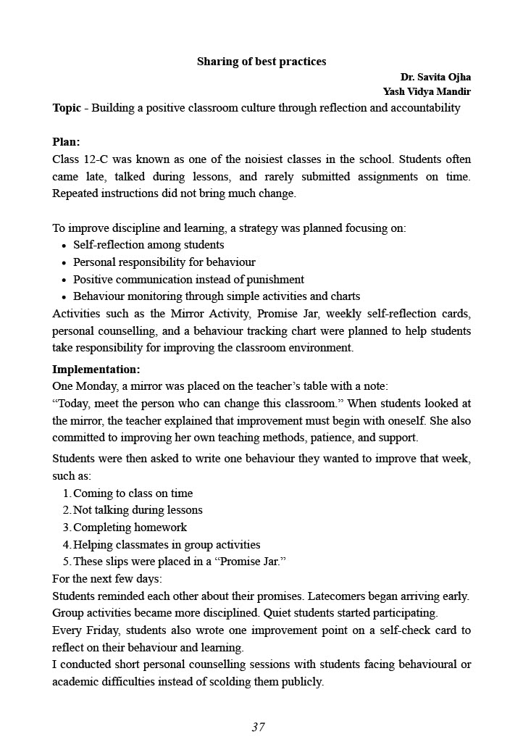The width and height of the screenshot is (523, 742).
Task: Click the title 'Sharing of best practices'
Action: (261, 62)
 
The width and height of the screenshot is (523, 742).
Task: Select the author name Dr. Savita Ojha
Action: (435, 77)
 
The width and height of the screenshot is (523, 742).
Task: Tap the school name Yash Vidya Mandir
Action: (427, 92)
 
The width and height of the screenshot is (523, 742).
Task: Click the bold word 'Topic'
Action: (67, 108)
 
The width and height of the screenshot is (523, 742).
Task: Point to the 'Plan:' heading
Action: (66, 142)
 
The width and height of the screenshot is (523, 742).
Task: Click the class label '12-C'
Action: (94, 159)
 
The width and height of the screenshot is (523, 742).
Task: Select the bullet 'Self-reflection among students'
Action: (148, 245)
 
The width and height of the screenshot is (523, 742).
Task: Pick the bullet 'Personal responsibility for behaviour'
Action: (164, 262)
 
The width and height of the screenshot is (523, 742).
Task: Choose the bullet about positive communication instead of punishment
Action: (188, 280)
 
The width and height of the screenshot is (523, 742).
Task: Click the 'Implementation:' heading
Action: (96, 370)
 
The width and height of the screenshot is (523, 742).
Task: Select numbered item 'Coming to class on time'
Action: (133, 493)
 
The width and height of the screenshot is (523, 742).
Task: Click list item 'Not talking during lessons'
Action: (138, 510)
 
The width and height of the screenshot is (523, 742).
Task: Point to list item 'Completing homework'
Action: (130, 528)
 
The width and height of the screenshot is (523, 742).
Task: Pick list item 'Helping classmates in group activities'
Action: (167, 545)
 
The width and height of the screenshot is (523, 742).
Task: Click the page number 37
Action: (259, 727)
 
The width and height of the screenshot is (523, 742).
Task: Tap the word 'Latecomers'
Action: (337, 596)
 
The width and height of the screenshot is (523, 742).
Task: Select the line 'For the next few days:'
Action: (107, 579)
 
